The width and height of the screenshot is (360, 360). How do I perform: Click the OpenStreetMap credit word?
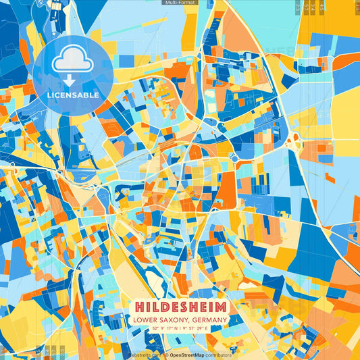click(x=186, y=355)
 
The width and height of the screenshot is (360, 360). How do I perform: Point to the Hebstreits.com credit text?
click(x=145, y=355)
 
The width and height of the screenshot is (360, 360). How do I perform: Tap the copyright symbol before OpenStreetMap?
click(x=166, y=355)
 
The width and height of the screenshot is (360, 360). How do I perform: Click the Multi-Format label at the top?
click(x=180, y=3)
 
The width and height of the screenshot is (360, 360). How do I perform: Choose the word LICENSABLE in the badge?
click(x=73, y=95)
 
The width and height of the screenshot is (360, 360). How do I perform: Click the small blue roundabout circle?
click(x=233, y=157)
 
